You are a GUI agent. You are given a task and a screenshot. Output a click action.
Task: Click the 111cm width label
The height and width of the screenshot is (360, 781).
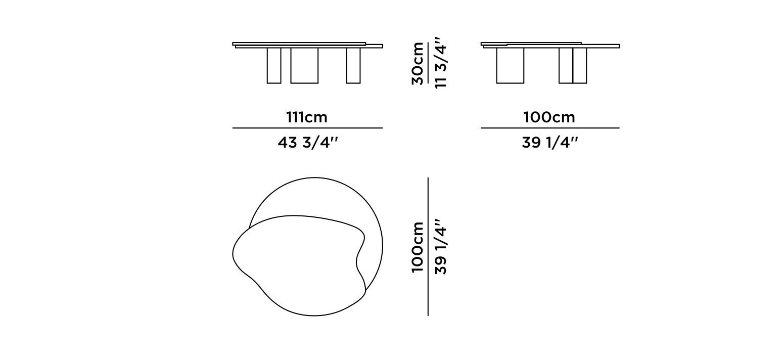point(307,117)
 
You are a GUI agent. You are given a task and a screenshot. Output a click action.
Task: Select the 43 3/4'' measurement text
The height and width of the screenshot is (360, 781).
point(307,143)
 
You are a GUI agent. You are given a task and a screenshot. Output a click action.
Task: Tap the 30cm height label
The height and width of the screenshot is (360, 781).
point(418,63)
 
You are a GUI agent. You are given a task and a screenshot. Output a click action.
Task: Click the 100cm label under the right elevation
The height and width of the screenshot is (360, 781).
point(549,117)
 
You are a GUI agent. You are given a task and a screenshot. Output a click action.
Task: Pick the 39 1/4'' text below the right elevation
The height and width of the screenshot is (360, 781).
point(549,143)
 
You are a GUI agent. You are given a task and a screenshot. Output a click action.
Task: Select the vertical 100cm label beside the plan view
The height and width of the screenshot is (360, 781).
point(418,247)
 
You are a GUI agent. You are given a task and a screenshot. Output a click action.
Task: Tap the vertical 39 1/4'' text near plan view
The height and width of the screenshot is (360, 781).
point(441,247)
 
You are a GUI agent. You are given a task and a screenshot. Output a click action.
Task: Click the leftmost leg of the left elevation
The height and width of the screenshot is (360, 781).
point(273,65)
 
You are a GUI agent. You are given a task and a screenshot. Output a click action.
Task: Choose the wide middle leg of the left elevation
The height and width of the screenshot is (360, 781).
point(304,65)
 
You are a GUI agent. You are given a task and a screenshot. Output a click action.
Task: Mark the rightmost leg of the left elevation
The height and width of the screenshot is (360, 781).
point(353,65)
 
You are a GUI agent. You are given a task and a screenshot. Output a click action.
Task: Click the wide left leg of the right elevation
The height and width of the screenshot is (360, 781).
point(510,65)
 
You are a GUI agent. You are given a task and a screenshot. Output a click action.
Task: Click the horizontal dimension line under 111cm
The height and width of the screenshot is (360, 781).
point(307,128)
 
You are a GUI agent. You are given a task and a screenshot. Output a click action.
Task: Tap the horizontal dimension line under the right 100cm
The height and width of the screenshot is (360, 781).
point(549,128)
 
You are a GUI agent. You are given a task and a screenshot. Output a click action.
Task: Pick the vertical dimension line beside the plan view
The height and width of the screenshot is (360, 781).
point(428,247)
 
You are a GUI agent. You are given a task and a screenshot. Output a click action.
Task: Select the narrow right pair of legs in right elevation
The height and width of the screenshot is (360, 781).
point(573,65)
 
